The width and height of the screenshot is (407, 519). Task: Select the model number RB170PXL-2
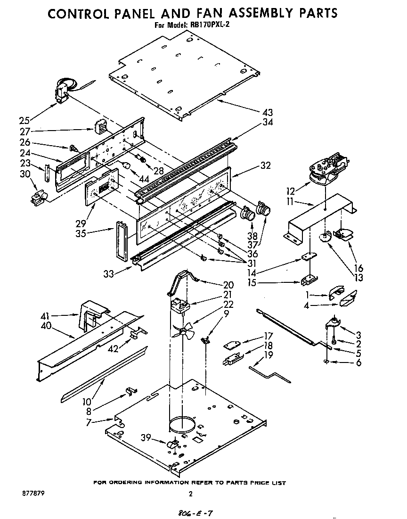(x=209, y=26)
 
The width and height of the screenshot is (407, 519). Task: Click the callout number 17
(x=268, y=336)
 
